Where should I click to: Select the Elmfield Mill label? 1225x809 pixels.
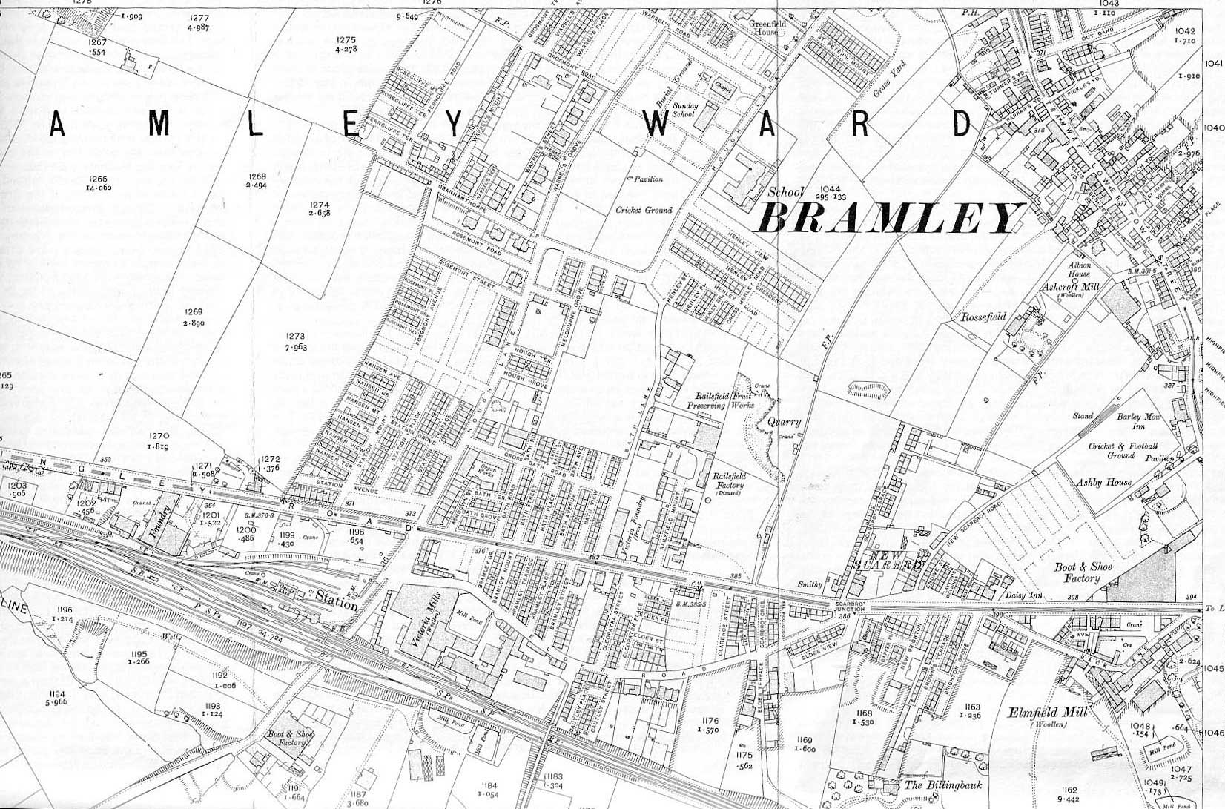[1047, 713]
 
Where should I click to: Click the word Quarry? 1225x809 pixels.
[785, 421]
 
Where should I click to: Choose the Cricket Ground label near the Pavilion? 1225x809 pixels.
[644, 210]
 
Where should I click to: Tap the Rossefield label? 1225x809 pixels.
[983, 317]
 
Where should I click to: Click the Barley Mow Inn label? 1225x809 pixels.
[1138, 421]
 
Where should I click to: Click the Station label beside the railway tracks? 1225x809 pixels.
[336, 601]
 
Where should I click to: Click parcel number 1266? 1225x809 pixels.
[98, 179]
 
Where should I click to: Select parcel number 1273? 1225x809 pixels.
[294, 337]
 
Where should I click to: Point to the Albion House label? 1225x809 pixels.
[1078, 269]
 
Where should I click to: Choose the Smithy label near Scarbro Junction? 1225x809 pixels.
[810, 584]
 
